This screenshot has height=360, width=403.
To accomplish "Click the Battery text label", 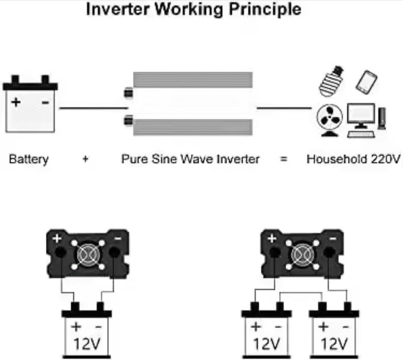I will pos(29,159).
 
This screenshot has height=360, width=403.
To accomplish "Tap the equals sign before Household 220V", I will pos(283,160).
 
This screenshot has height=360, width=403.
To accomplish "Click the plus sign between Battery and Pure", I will pos(85,160).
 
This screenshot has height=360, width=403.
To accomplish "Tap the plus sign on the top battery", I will pos(16,102).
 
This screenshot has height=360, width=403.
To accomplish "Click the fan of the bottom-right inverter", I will pos(301,253).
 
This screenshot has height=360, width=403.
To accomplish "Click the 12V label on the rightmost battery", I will pos(334,344).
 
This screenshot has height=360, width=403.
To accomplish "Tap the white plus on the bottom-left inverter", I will pos(57,239).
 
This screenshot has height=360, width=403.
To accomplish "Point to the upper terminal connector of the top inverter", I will pos(127,94).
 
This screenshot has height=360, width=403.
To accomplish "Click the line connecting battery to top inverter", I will pos(93,108).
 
